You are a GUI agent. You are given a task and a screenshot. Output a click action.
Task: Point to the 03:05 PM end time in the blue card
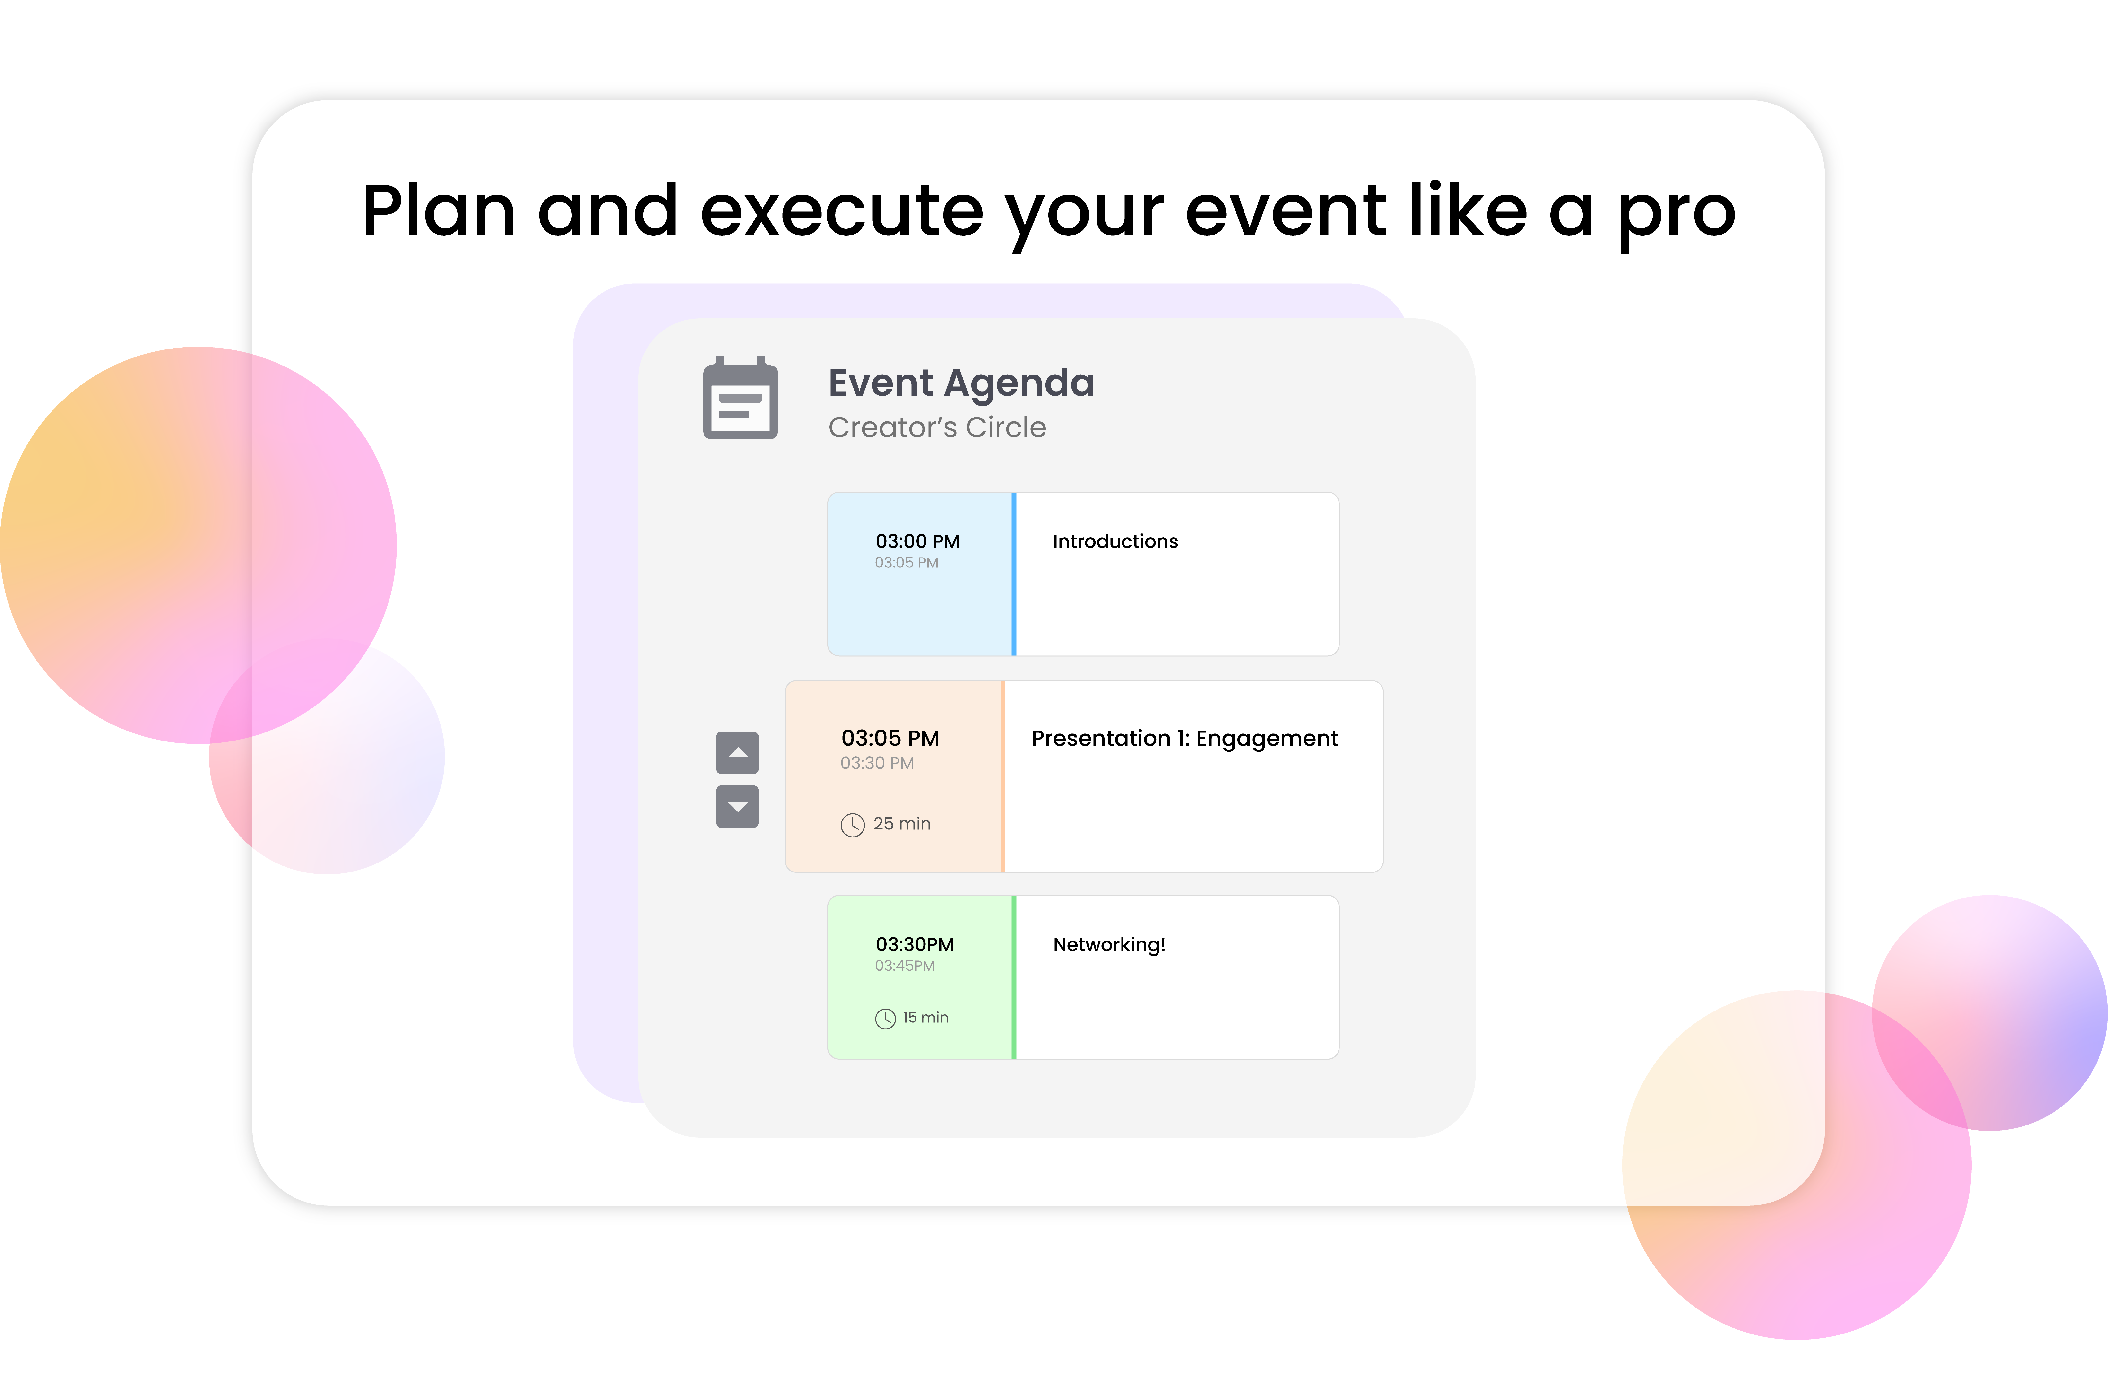click(x=906, y=562)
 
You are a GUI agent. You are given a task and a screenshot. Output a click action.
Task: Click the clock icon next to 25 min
click(x=852, y=825)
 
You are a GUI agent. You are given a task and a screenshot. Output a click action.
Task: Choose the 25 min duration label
click(x=902, y=824)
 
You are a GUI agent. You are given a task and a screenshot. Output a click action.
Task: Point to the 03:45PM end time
click(x=905, y=965)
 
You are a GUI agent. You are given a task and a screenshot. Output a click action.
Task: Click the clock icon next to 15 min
click(x=885, y=1019)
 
